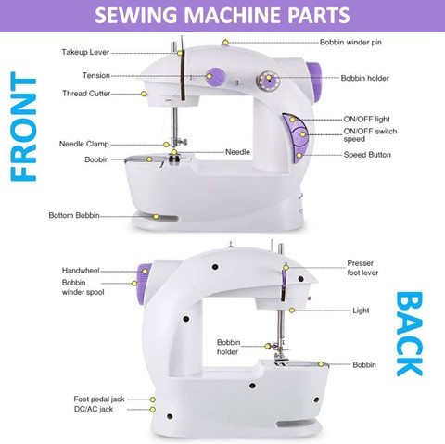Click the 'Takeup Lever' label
(x=85, y=52)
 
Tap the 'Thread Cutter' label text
(x=86, y=94)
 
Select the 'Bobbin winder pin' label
(x=350, y=42)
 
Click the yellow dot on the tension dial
(x=210, y=76)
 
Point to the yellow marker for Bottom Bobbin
(x=156, y=217)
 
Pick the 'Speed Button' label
(x=367, y=155)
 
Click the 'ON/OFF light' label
(x=366, y=119)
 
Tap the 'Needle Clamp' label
(x=84, y=144)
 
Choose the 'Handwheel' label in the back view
(x=81, y=271)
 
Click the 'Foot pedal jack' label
(x=99, y=399)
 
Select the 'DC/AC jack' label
(x=94, y=409)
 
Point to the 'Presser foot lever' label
(x=362, y=268)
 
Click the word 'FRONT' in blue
(x=23, y=126)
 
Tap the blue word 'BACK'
(x=409, y=334)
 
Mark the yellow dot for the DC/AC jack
(x=152, y=410)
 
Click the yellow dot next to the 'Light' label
(x=292, y=311)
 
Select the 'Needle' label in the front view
(x=237, y=152)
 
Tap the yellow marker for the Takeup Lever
(x=180, y=53)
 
